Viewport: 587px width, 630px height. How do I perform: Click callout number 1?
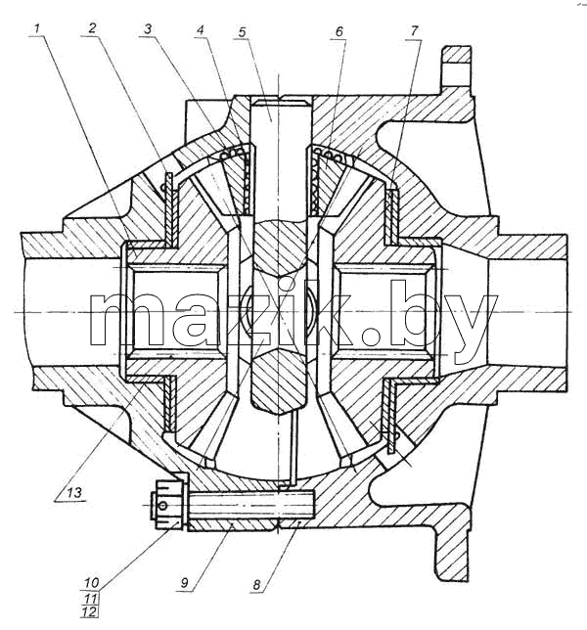pyautogui.click(x=37, y=29)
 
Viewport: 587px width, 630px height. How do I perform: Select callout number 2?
pyautogui.click(x=92, y=28)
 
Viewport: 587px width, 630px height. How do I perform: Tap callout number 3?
pyautogui.click(x=148, y=29)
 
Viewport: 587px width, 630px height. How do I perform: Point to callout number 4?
pyautogui.click(x=201, y=30)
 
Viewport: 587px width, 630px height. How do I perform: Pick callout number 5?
pyautogui.click(x=242, y=32)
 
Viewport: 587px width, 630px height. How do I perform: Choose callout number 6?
pyautogui.click(x=339, y=31)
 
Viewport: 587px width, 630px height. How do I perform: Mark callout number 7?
pyautogui.click(x=414, y=30)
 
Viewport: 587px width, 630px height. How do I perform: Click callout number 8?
pyautogui.click(x=256, y=585)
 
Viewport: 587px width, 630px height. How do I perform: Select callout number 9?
pyautogui.click(x=184, y=583)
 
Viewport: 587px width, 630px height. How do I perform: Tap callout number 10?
pyautogui.click(x=92, y=583)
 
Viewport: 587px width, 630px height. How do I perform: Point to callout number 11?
pyautogui.click(x=91, y=598)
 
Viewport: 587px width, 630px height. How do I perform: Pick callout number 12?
pyautogui.click(x=90, y=612)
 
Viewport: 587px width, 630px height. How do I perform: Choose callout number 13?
pyautogui.click(x=74, y=492)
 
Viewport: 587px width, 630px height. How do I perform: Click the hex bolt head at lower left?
pyautogui.click(x=167, y=506)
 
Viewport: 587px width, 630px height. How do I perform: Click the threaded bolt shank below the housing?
pyautogui.click(x=250, y=505)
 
